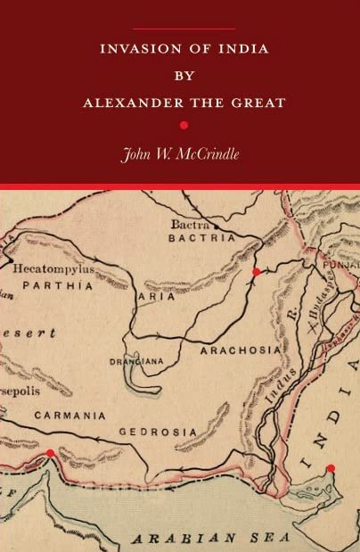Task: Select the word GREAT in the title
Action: pyautogui.click(x=259, y=103)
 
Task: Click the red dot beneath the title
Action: pyautogui.click(x=183, y=125)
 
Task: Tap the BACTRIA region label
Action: pyautogui.click(x=203, y=239)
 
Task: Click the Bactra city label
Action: pyautogui.click(x=191, y=226)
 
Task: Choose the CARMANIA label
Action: pyautogui.click(x=70, y=416)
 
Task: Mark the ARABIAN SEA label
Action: pyautogui.click(x=210, y=538)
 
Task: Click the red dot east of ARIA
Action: pyautogui.click(x=256, y=271)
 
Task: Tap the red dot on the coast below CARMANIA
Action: pyautogui.click(x=50, y=453)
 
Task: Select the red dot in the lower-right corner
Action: pyautogui.click(x=331, y=467)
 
